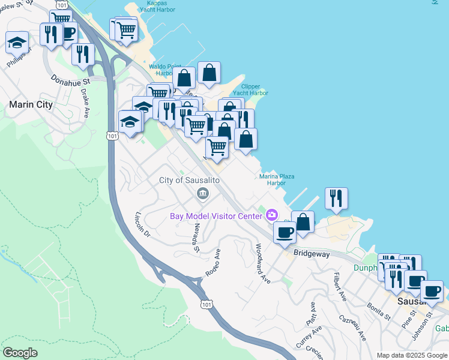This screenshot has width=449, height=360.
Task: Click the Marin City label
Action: coord(31,104)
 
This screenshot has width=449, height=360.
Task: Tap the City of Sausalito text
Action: coord(190,181)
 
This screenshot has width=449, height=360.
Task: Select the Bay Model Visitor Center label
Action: coord(217,216)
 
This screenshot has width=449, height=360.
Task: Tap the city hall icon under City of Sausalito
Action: coord(203,194)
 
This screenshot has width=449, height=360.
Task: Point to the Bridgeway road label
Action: coord(312,254)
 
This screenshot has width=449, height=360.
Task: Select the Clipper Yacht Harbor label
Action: coord(250,89)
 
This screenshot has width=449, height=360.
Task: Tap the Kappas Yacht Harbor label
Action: coord(158,6)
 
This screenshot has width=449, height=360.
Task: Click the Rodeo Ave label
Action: coord(213,266)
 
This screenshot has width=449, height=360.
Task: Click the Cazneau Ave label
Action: coord(352,327)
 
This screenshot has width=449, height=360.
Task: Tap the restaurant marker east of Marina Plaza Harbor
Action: coord(336,199)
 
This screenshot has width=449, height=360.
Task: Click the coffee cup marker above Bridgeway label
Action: coord(285,232)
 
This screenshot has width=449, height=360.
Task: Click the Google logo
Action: coord(20,353)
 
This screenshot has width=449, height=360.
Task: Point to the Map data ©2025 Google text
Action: coord(411,355)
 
